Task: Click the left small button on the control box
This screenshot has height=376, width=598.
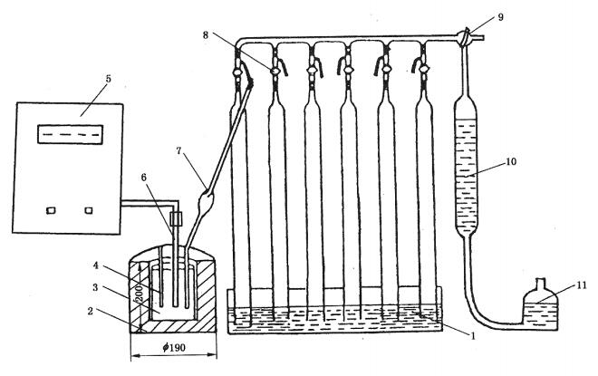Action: [x=51, y=210]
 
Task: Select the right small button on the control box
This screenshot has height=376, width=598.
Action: [x=90, y=210]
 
